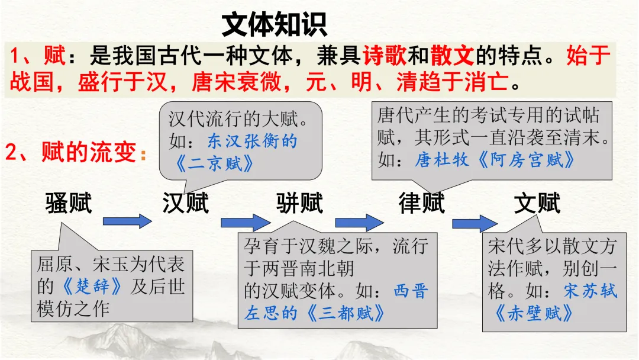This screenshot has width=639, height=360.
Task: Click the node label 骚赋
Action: [x=69, y=204]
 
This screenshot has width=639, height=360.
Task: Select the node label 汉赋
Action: [x=186, y=204]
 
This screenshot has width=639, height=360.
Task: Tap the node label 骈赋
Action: [x=300, y=204]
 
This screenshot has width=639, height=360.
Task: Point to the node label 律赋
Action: [x=421, y=204]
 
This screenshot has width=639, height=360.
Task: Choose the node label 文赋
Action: [x=537, y=204]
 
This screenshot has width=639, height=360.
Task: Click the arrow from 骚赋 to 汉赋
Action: [x=127, y=222]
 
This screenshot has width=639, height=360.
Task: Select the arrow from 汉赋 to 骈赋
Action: [x=245, y=223]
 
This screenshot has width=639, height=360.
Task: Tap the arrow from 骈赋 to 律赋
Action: [x=360, y=223]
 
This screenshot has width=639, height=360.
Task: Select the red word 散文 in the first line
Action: [x=453, y=56]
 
